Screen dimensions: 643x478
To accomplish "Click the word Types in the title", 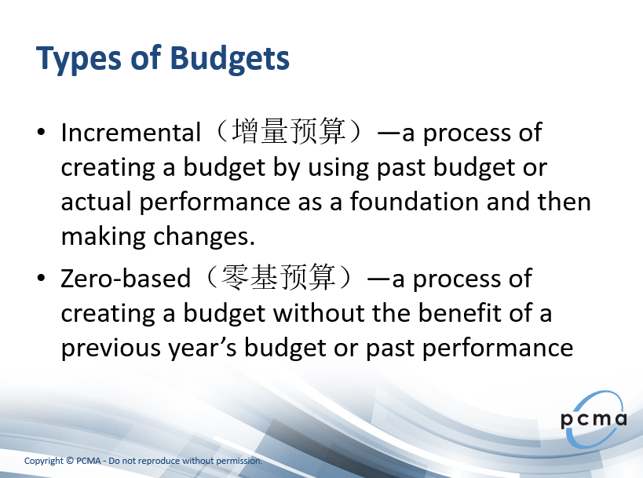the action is [79, 60].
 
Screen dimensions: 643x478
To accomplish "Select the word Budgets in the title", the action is [229, 60].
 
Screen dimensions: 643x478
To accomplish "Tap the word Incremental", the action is [131, 133].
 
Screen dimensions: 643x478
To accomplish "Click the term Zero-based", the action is [126, 279].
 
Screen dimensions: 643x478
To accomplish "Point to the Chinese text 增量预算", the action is [289, 132].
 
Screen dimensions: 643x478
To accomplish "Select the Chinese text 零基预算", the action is [279, 278].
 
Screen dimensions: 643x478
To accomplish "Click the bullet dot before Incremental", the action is [41, 132].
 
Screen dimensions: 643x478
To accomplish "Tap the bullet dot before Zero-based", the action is [41, 278].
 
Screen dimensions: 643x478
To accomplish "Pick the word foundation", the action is [415, 201].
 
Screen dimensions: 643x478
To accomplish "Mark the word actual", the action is [96, 201].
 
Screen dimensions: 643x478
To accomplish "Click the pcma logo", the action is [594, 419].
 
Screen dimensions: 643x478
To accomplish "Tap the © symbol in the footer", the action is [70, 461].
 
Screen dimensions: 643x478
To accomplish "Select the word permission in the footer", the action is [239, 462].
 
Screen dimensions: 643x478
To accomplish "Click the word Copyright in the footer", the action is [44, 462].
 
